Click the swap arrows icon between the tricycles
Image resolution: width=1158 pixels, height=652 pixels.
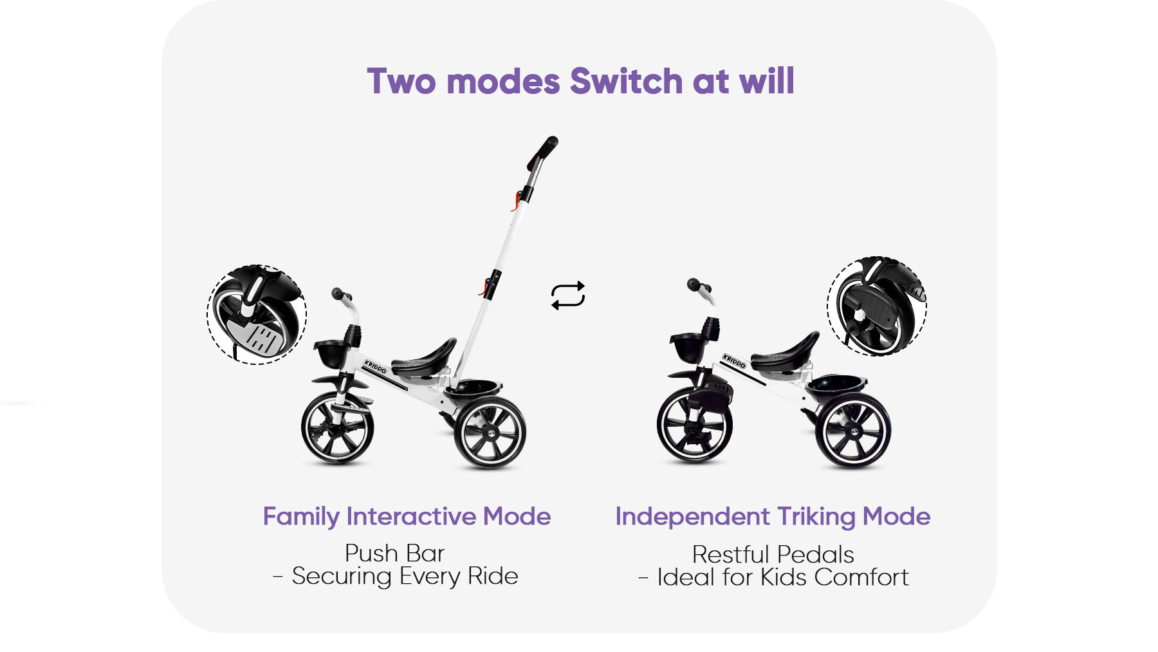(567, 295)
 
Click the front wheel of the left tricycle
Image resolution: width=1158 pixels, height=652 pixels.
(337, 428)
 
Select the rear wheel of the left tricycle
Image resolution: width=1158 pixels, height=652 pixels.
(490, 432)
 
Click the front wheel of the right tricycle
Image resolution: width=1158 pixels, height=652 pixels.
(694, 425)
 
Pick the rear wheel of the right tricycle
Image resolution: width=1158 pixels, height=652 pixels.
(853, 431)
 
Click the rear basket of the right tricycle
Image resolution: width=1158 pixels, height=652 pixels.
(837, 384)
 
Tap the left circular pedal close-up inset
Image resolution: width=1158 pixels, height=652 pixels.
(257, 315)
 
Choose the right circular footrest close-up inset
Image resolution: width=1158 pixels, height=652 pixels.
(876, 306)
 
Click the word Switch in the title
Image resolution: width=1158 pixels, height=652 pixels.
(626, 82)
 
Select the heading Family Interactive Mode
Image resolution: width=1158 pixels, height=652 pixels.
(407, 517)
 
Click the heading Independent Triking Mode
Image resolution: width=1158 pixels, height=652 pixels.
(773, 517)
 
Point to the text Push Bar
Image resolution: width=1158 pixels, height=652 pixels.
(394, 554)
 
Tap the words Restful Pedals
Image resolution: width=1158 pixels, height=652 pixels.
(773, 555)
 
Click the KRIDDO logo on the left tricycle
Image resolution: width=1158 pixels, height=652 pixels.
(375, 367)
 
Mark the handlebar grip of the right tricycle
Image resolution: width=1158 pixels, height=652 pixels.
(695, 285)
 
